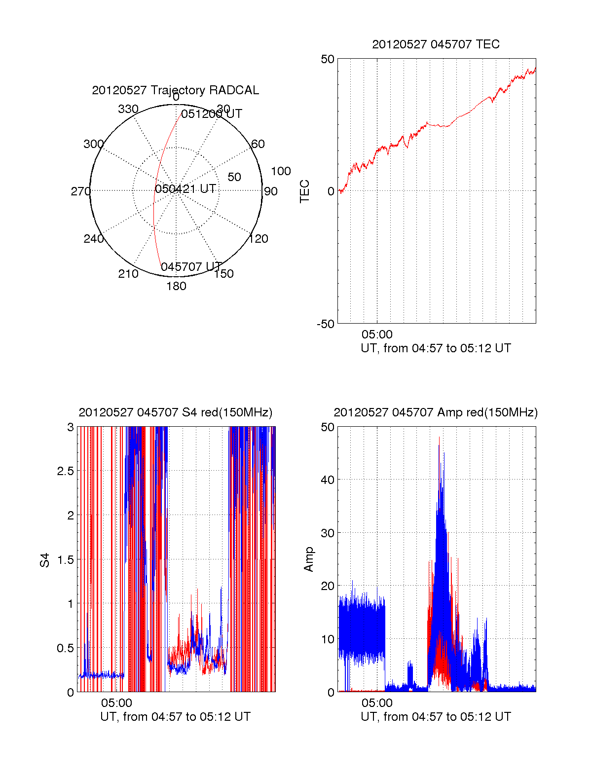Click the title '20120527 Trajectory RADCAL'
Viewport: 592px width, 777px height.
point(175,90)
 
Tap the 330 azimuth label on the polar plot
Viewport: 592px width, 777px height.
point(128,109)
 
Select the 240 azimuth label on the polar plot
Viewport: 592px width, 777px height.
point(93,239)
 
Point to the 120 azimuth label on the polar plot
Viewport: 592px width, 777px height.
point(259,239)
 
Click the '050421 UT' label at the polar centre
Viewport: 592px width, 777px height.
point(185,189)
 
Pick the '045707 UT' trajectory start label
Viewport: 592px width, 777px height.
point(191,267)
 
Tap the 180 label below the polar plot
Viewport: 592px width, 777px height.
point(176,286)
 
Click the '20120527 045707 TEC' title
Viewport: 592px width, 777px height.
point(436,44)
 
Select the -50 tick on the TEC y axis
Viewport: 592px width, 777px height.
point(326,324)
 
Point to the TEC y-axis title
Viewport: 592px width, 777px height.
point(305,191)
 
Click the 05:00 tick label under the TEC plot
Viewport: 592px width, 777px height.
point(377,334)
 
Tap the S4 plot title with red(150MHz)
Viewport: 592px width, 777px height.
point(175,412)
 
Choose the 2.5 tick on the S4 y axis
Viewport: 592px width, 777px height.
point(65,471)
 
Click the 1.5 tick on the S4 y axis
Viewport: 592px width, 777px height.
point(65,559)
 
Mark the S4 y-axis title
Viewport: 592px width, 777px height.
point(45,560)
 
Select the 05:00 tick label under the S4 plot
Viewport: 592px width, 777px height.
point(116,703)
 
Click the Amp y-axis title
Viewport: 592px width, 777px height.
point(309,559)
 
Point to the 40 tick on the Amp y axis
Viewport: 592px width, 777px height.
point(328,480)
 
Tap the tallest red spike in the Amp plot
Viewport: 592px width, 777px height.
point(439,438)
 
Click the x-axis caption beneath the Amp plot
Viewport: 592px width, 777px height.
point(436,717)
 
